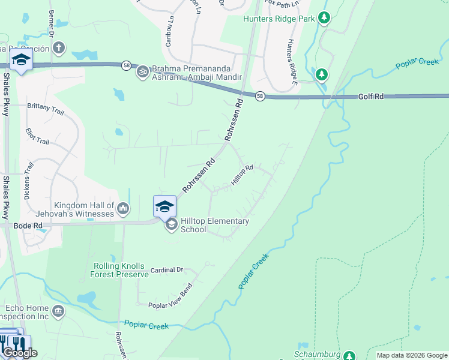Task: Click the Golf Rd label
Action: coord(371,96)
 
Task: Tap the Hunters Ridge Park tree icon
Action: coord(324,18)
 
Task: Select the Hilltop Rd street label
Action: coord(243,174)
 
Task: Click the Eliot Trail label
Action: coord(37,136)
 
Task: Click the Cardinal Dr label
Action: coord(166,270)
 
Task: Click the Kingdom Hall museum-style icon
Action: coord(124,208)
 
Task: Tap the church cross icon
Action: coord(58,47)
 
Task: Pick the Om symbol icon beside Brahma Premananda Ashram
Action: coord(143,72)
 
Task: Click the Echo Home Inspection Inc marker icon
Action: coord(58,311)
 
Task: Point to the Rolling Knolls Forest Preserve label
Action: coord(119,270)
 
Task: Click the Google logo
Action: coord(20,353)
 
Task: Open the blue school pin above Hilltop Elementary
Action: coord(164,206)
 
